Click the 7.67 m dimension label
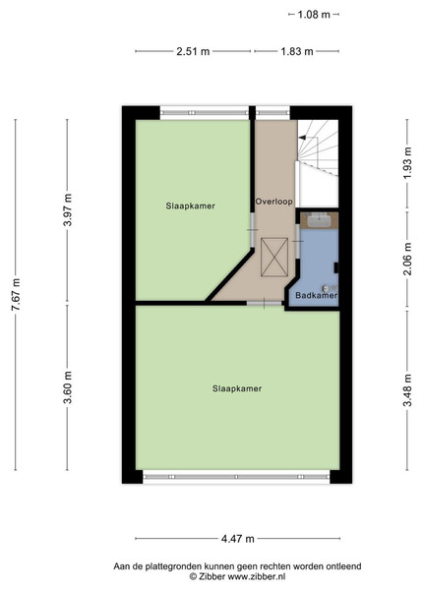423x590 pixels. point(16,294)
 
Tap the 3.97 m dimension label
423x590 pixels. point(68,210)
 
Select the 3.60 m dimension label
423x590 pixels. point(68,387)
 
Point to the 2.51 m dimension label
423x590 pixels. point(193,51)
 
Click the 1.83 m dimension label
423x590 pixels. point(297,51)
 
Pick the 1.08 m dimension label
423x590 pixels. point(314,15)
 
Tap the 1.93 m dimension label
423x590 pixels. point(407,163)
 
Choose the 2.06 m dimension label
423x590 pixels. point(407,259)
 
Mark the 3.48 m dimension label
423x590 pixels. point(407,390)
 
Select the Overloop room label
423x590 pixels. point(274,202)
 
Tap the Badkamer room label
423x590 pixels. point(316,295)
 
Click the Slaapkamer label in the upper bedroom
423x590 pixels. point(191,206)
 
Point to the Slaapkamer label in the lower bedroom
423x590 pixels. point(237,388)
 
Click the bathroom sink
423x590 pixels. point(319,220)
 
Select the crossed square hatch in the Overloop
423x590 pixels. point(274,257)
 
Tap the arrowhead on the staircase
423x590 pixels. point(302,138)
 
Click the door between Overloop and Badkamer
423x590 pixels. point(298,241)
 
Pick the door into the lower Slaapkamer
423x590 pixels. point(265,303)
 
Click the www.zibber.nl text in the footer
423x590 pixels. point(257,576)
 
